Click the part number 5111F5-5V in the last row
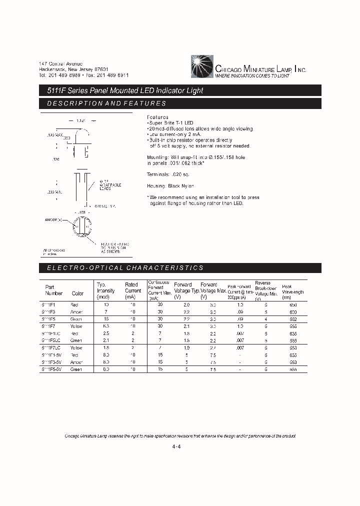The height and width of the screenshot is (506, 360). pyautogui.click(x=53, y=369)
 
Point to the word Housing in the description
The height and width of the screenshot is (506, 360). pyautogui.click(x=157, y=186)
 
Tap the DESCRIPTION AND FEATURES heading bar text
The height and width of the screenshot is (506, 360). pyautogui.click(x=106, y=103)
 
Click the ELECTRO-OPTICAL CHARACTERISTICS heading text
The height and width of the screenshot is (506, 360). pyautogui.click(x=125, y=268)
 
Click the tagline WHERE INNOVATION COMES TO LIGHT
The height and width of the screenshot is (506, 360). pyautogui.click(x=252, y=76)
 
